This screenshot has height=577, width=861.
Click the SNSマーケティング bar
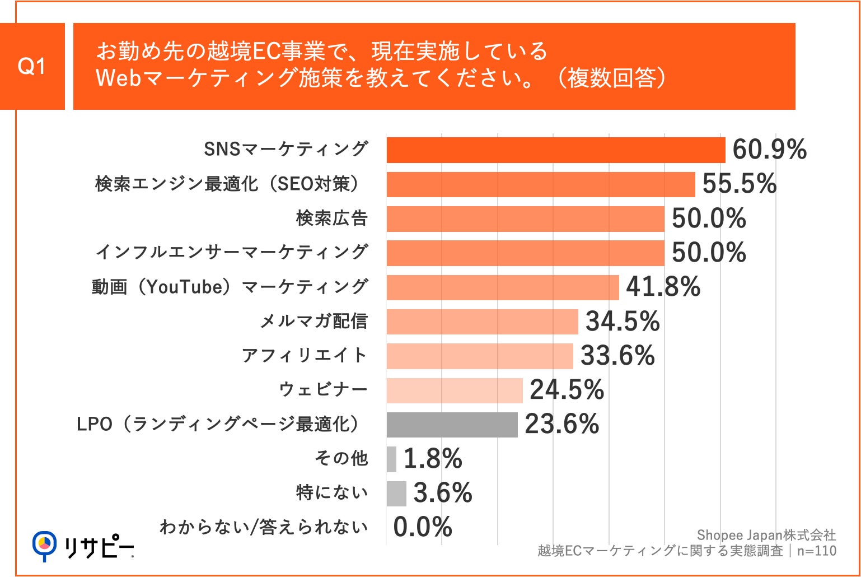[x=555, y=150]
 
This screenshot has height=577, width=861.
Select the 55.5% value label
[x=739, y=184]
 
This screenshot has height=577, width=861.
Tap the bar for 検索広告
[x=525, y=218]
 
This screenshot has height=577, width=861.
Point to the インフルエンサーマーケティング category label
[x=232, y=252]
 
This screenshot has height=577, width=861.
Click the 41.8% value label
[x=663, y=287]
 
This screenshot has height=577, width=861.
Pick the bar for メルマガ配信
[x=482, y=322]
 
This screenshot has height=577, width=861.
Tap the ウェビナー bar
[x=454, y=390]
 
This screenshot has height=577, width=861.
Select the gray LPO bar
[x=452, y=425]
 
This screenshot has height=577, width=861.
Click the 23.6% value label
[x=561, y=424]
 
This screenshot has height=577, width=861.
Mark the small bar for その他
[x=391, y=459]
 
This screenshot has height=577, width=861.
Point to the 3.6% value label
[x=442, y=493]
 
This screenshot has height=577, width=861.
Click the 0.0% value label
[x=422, y=527]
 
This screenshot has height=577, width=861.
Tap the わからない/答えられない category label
[x=264, y=527]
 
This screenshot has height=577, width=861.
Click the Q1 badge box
[x=32, y=67]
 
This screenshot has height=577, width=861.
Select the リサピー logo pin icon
[x=44, y=545]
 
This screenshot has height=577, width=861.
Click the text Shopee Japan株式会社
[x=766, y=535]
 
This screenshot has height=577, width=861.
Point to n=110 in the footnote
[x=816, y=551]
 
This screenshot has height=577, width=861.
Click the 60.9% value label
[x=769, y=150]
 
